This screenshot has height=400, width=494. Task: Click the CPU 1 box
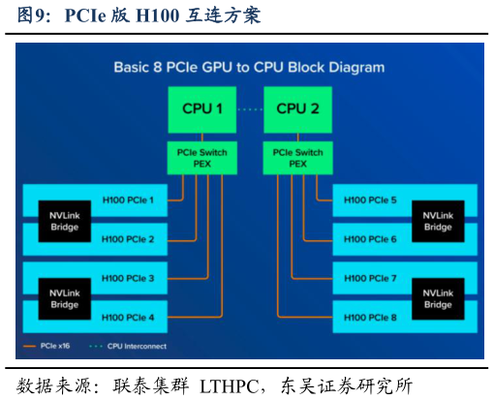tap(202, 108)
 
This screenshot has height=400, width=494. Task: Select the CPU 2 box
tap(297, 108)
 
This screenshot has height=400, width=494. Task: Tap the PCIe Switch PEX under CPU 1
tap(202, 158)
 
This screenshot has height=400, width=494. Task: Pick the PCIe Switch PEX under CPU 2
tap(297, 158)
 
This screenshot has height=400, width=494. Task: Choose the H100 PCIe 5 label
tap(370, 200)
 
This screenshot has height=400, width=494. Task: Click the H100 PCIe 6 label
tap(370, 239)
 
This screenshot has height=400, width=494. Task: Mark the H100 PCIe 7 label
tap(370, 278)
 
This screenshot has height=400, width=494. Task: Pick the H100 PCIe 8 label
tap(370, 317)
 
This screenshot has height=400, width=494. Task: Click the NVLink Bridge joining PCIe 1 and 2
tap(64, 221)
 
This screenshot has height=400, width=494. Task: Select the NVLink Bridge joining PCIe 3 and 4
tap(64, 298)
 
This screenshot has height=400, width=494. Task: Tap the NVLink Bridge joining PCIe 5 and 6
tap(437, 221)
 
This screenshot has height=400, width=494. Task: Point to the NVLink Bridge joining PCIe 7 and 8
tap(437, 298)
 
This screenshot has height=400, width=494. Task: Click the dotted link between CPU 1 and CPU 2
tap(250, 109)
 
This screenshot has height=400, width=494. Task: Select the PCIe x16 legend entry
tap(49, 345)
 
